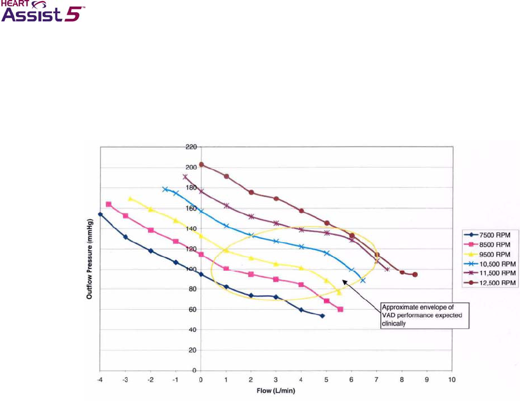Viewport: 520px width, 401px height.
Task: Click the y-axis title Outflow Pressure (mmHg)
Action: tap(89, 257)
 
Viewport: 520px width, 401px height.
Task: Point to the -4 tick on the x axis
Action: tap(100, 380)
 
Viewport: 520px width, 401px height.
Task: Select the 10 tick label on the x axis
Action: tap(452, 380)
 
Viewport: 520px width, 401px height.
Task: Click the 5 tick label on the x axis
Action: tap(326, 380)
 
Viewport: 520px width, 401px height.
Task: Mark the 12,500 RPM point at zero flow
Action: tap(201, 165)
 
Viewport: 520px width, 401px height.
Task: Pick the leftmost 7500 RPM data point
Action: tap(100, 214)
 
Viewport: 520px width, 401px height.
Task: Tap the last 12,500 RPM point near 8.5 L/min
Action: tap(415, 274)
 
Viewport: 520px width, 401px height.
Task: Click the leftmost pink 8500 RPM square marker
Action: tap(108, 204)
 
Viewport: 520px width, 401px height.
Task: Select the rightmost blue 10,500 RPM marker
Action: tap(363, 281)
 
